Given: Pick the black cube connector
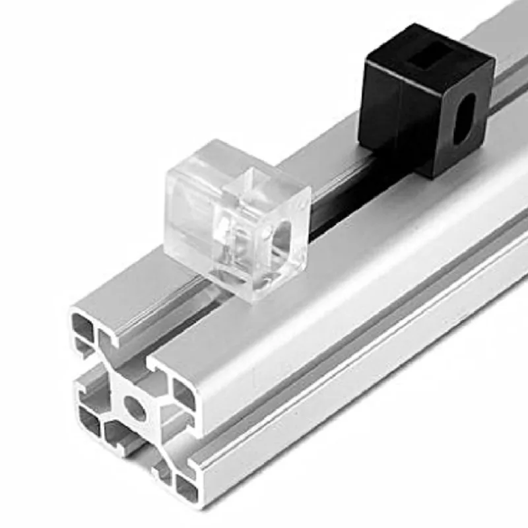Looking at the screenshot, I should coord(426,99).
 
